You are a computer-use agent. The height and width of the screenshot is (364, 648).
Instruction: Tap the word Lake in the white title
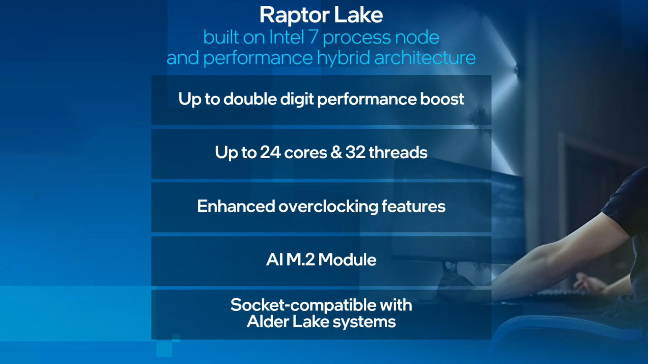point(358,15)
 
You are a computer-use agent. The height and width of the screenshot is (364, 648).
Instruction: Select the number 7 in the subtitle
point(314,37)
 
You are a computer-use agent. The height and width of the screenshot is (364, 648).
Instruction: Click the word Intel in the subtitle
point(287,37)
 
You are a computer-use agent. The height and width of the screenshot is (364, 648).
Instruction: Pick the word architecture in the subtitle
point(425,58)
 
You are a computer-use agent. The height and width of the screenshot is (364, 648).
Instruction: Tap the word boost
point(442,99)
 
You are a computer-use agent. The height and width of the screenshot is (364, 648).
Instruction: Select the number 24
point(270,152)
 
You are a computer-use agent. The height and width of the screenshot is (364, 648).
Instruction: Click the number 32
point(355,152)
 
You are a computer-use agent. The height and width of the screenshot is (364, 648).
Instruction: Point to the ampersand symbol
point(336,152)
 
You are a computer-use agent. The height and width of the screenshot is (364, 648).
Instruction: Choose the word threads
point(398,152)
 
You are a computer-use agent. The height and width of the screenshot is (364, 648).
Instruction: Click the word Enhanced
point(236,206)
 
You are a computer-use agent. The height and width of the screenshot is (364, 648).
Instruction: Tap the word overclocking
point(328,207)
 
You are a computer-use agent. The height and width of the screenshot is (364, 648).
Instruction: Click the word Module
point(347,260)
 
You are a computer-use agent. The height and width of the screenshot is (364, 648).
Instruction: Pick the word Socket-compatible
point(304,305)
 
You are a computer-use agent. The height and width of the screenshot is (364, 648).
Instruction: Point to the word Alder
point(268,322)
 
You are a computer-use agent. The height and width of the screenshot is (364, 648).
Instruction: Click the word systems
point(364,322)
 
